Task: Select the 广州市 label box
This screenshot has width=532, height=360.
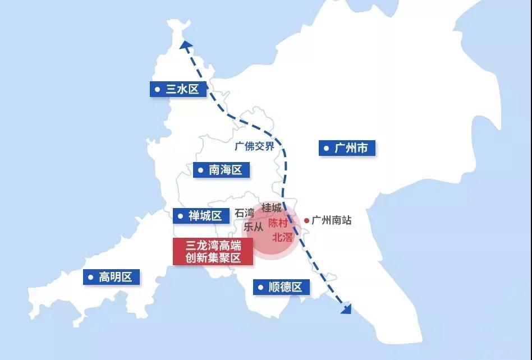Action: pyautogui.click(x=347, y=148)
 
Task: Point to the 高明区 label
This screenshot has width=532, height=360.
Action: pyautogui.click(x=111, y=276)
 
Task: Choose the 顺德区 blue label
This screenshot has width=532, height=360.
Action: pyautogui.click(x=281, y=287)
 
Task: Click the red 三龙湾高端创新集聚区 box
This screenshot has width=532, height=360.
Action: pyautogui.click(x=213, y=251)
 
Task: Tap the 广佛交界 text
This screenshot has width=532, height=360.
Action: pyautogui.click(x=255, y=146)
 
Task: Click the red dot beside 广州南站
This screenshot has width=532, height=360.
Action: pyautogui.click(x=306, y=220)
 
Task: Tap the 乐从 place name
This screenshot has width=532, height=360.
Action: pyautogui.click(x=253, y=227)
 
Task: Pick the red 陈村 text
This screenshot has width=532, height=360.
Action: pyautogui.click(x=278, y=223)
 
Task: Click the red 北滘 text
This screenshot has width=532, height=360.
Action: pyautogui.click(x=282, y=237)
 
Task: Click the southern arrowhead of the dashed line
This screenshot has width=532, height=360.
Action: pyautogui.click(x=346, y=308)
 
